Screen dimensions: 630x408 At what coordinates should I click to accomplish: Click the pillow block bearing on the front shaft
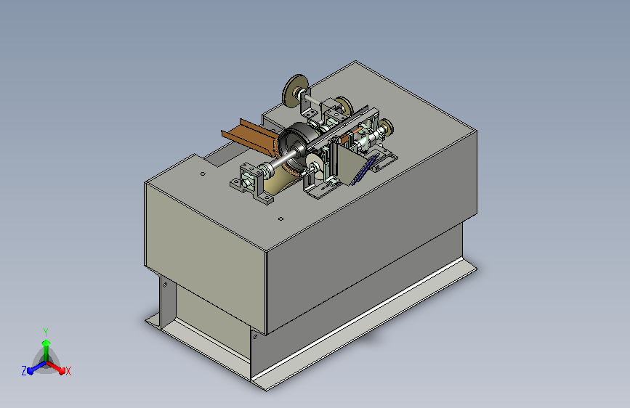251,184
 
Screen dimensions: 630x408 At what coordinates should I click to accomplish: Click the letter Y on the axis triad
46,332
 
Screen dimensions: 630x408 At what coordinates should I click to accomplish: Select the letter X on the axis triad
68,372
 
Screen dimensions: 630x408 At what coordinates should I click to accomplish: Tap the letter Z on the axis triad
24,371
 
